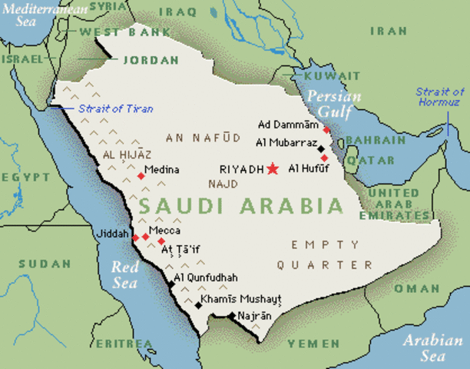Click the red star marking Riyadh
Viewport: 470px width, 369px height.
click(272, 168)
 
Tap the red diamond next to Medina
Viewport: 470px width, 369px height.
click(141, 176)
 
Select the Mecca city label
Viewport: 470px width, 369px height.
click(166, 230)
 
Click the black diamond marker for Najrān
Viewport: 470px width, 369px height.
click(231, 315)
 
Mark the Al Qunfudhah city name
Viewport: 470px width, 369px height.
click(206, 277)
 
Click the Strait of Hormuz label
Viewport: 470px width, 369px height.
click(440, 97)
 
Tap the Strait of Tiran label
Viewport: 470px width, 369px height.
click(115, 109)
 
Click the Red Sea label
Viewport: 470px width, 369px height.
click(124, 274)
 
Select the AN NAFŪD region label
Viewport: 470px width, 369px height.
click(198, 137)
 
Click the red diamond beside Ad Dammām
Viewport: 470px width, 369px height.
click(326, 131)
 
